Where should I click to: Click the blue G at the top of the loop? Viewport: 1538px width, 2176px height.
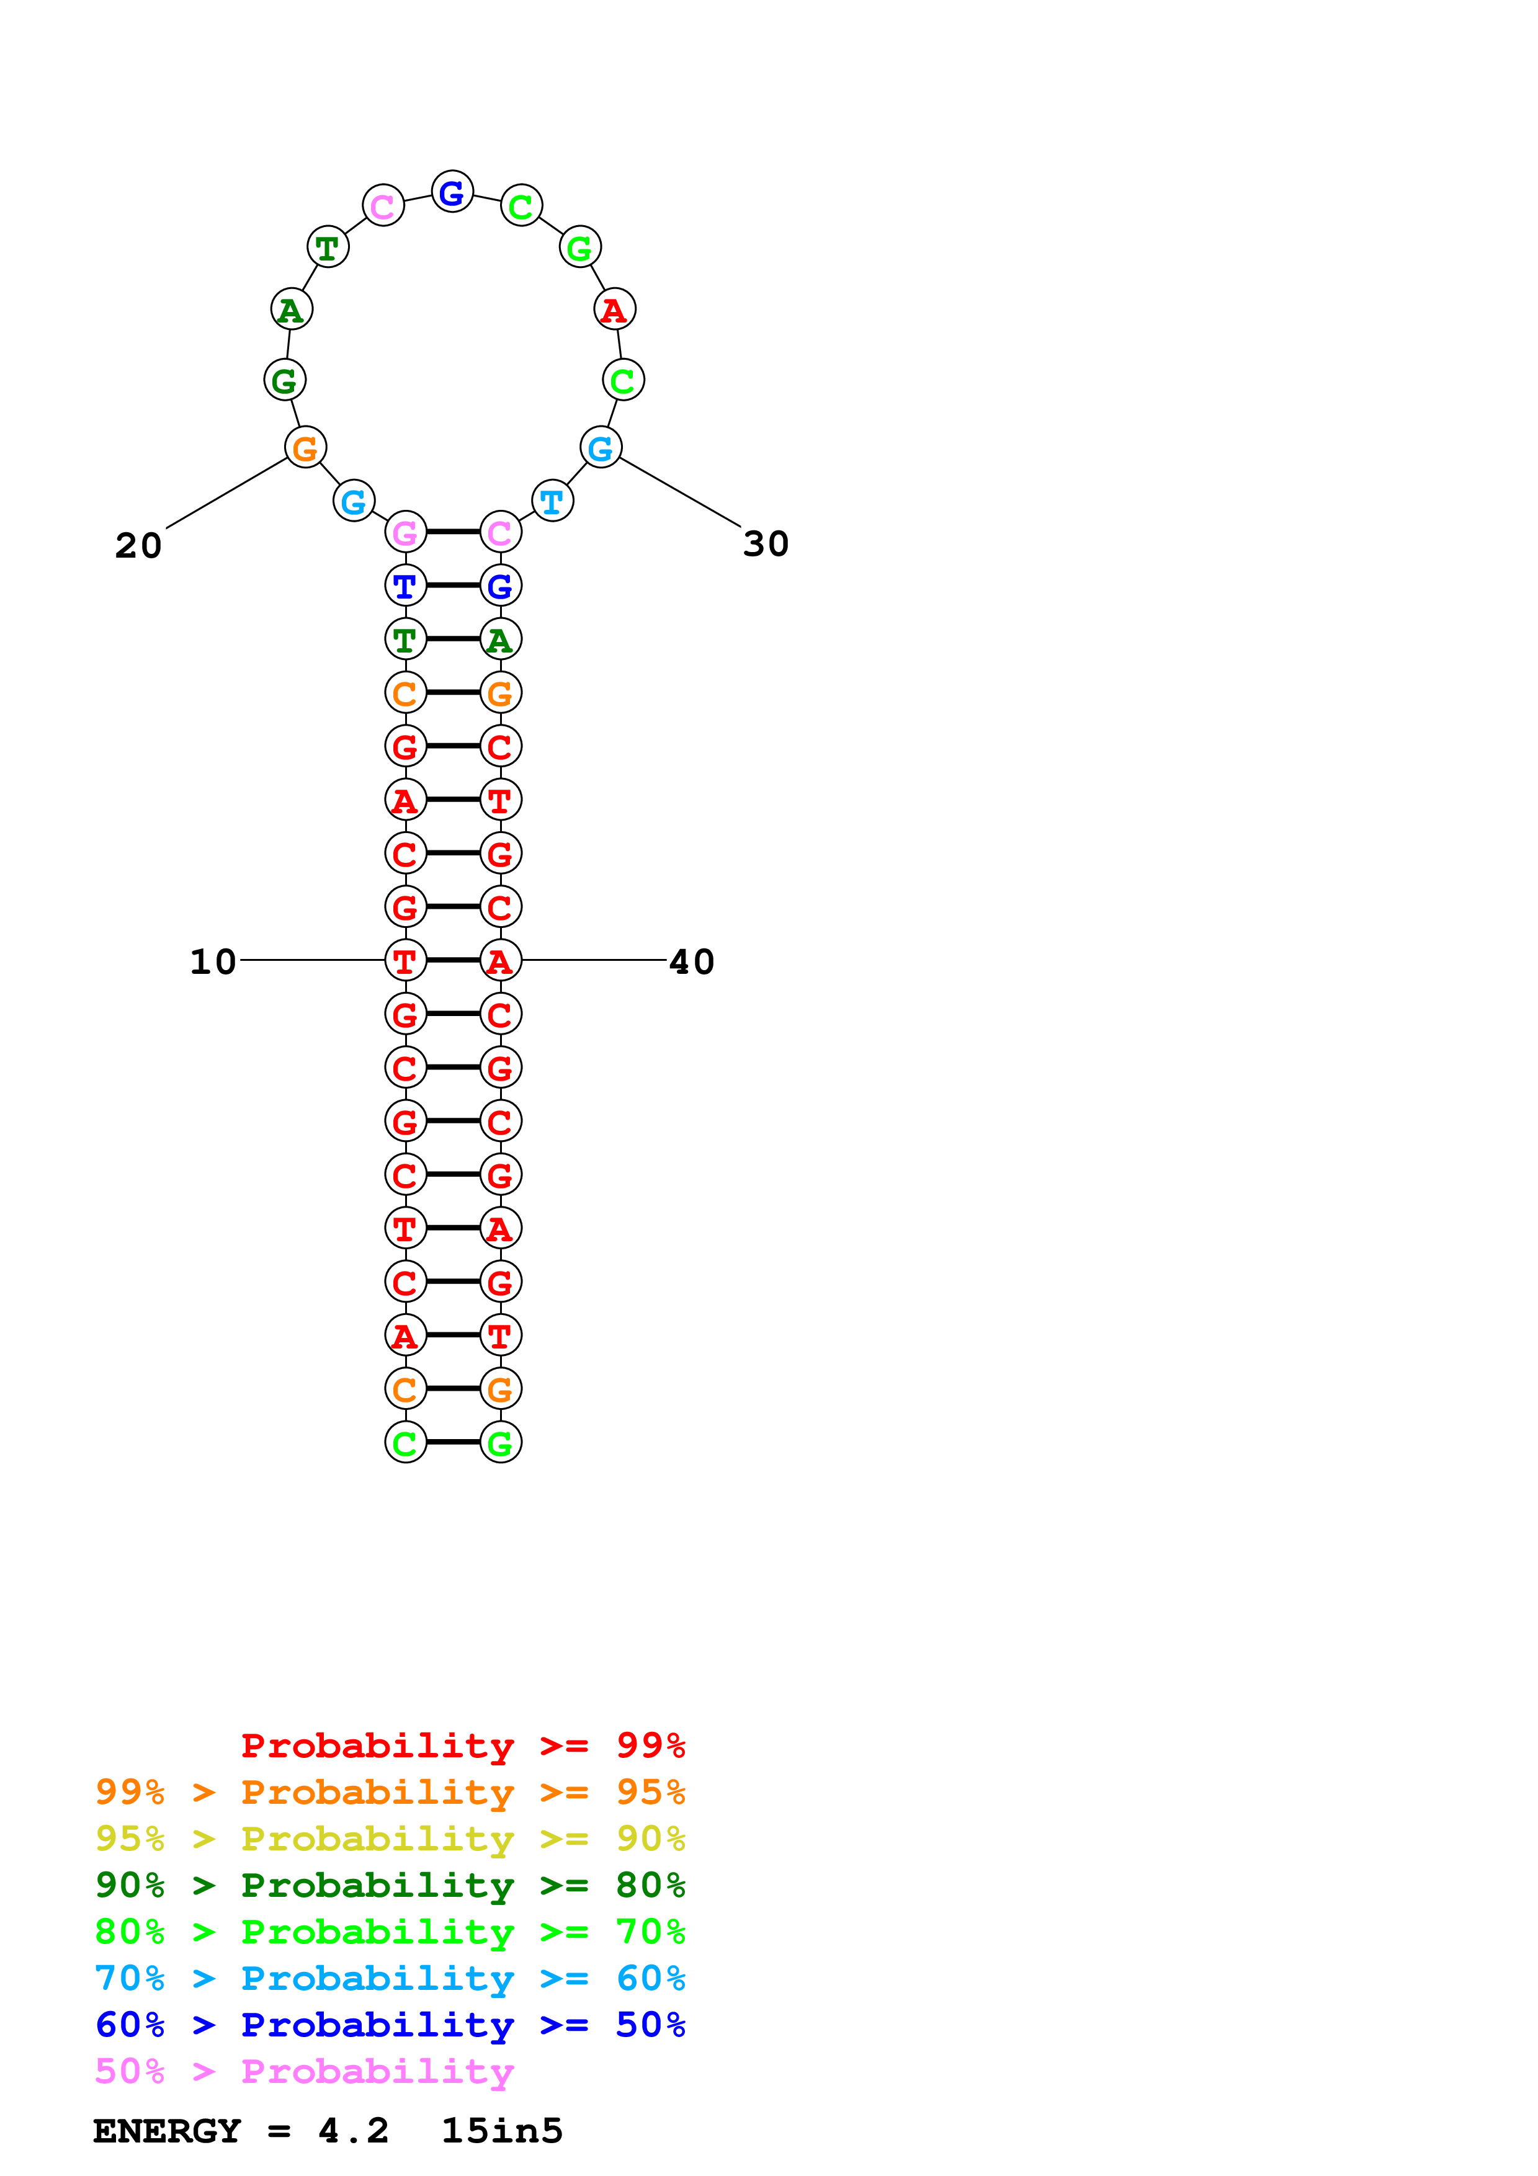(452, 192)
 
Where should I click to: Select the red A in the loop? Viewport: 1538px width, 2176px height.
(614, 310)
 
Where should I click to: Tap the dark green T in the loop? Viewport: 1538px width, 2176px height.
(328, 247)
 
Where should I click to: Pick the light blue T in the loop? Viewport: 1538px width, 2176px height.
(552, 501)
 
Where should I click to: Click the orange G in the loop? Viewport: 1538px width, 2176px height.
(305, 448)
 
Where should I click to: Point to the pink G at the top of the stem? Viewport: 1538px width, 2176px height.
(406, 533)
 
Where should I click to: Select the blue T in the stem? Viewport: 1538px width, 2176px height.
(406, 586)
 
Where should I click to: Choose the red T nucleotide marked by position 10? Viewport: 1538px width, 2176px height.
(406, 961)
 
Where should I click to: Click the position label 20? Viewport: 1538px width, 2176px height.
(138, 546)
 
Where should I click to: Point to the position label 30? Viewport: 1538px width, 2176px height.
(766, 544)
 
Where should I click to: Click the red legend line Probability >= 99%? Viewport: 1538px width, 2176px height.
(462, 1746)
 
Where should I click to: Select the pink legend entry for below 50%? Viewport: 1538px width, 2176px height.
(304, 2072)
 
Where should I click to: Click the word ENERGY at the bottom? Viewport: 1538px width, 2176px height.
(167, 2131)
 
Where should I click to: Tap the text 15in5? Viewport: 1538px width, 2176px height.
(503, 2131)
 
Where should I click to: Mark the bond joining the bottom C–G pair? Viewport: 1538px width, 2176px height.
(453, 1442)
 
